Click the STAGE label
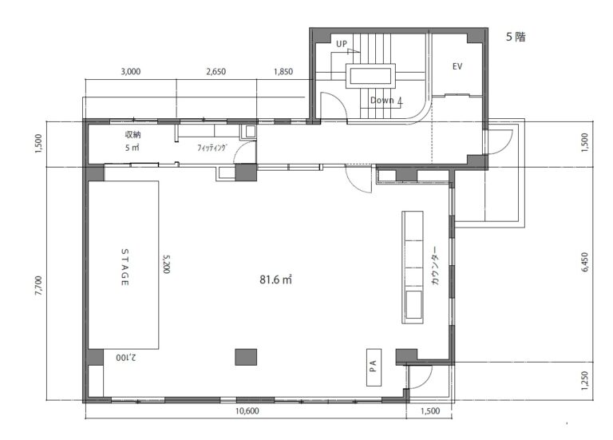pyautogui.click(x=125, y=267)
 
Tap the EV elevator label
pyautogui.click(x=457, y=66)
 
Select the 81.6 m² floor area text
pyautogui.click(x=275, y=279)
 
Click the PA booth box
pyautogui.click(x=374, y=367)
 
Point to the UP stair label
pyautogui.click(x=342, y=44)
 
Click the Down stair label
pyautogui.click(x=382, y=101)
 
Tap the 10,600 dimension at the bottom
pyautogui.click(x=247, y=411)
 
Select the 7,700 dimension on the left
pyautogui.click(x=38, y=286)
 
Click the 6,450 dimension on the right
pyautogui.click(x=584, y=262)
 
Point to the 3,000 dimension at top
pyautogui.click(x=131, y=72)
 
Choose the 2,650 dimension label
pyautogui.click(x=216, y=72)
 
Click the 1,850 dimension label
pyautogui.click(x=283, y=72)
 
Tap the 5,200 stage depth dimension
pyautogui.click(x=166, y=264)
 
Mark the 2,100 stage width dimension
pyautogui.click(x=126, y=358)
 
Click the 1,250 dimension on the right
pyautogui.click(x=584, y=381)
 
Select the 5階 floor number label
pyautogui.click(x=516, y=37)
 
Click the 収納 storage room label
pyautogui.click(x=133, y=134)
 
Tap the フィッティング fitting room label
pyautogui.click(x=212, y=148)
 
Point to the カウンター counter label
pyautogui.click(x=435, y=265)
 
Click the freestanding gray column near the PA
pyautogui.click(x=246, y=357)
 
